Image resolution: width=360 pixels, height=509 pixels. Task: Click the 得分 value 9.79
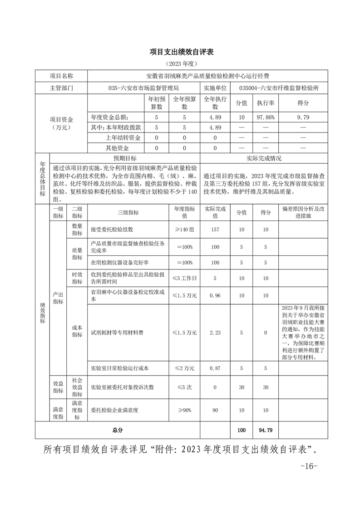point(303,117)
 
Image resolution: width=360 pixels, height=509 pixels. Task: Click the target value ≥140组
point(185,229)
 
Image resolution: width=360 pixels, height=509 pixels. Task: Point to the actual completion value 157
point(215,229)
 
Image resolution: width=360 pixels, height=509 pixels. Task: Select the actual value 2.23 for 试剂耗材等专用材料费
point(215,333)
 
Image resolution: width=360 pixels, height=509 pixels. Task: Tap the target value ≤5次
point(185,387)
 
